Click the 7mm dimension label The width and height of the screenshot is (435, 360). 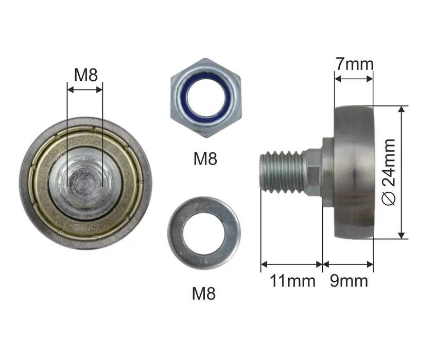(x=354, y=64)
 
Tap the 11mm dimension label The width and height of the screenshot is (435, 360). (x=293, y=281)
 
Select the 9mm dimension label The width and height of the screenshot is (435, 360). (x=349, y=281)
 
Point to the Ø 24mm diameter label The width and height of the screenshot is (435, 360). (x=388, y=172)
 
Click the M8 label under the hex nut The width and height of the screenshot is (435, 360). (x=205, y=158)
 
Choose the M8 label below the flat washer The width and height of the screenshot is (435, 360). (x=204, y=293)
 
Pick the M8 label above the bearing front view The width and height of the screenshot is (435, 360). (x=86, y=75)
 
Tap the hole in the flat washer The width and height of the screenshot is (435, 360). (x=204, y=233)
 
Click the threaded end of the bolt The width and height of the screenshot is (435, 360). (x=282, y=172)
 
